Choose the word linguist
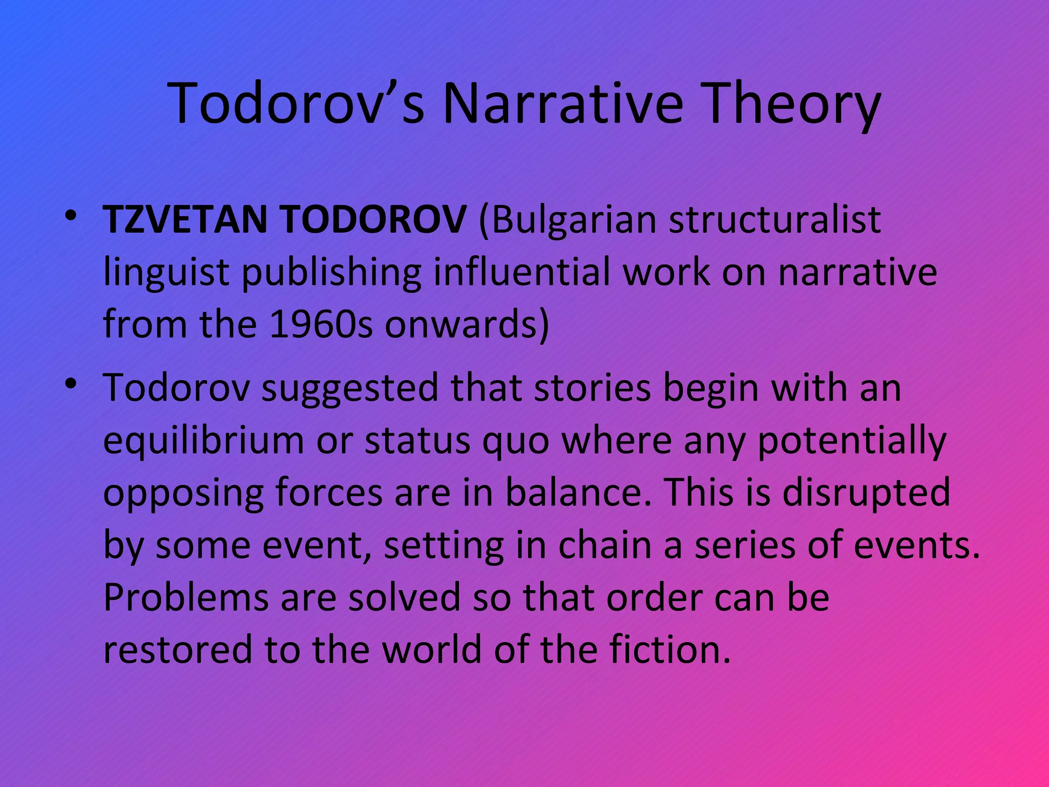pos(165,273)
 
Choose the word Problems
pos(186,598)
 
